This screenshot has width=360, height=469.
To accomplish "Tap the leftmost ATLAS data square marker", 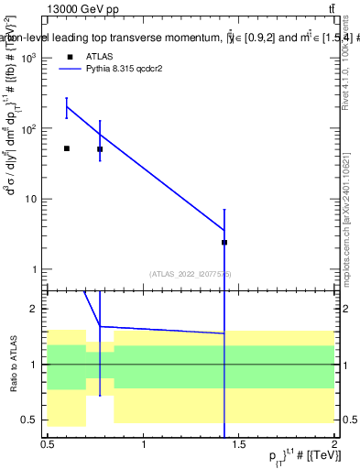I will click(x=67, y=148).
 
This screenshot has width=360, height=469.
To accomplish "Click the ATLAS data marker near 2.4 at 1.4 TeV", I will click(x=224, y=243).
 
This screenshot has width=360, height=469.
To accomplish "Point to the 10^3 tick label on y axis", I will click(x=28, y=59).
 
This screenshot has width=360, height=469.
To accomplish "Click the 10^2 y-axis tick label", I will click(x=28, y=129).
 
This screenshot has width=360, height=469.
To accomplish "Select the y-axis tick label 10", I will click(x=30, y=199).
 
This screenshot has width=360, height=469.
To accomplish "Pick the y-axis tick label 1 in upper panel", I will click(x=35, y=269).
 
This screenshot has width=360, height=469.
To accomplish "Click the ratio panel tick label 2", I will click(x=36, y=310).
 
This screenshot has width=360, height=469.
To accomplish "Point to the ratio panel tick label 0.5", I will click(x=31, y=420).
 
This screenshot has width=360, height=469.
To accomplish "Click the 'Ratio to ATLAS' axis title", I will click(x=13, y=364).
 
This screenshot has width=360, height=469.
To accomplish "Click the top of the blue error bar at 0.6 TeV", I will click(x=67, y=98).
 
